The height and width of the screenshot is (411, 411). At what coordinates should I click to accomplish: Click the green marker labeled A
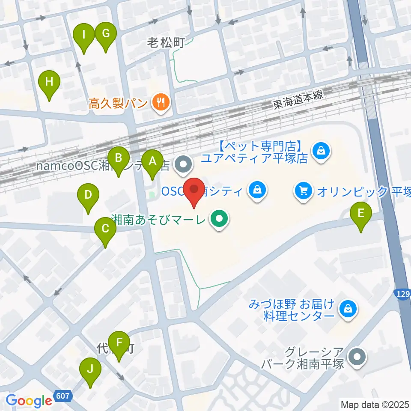(152, 162)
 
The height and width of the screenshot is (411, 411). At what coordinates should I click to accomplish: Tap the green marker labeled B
(119, 158)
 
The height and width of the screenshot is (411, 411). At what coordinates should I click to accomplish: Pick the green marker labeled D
(88, 195)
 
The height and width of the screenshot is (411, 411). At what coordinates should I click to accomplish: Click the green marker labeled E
(361, 213)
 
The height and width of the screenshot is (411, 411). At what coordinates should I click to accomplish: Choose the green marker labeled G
(105, 33)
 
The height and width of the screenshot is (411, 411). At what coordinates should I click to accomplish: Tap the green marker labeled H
(49, 81)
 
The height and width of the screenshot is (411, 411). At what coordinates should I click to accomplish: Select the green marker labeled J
(90, 369)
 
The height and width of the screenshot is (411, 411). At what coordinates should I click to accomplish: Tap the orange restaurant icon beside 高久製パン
(161, 103)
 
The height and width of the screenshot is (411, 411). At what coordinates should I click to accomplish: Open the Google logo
(29, 401)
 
